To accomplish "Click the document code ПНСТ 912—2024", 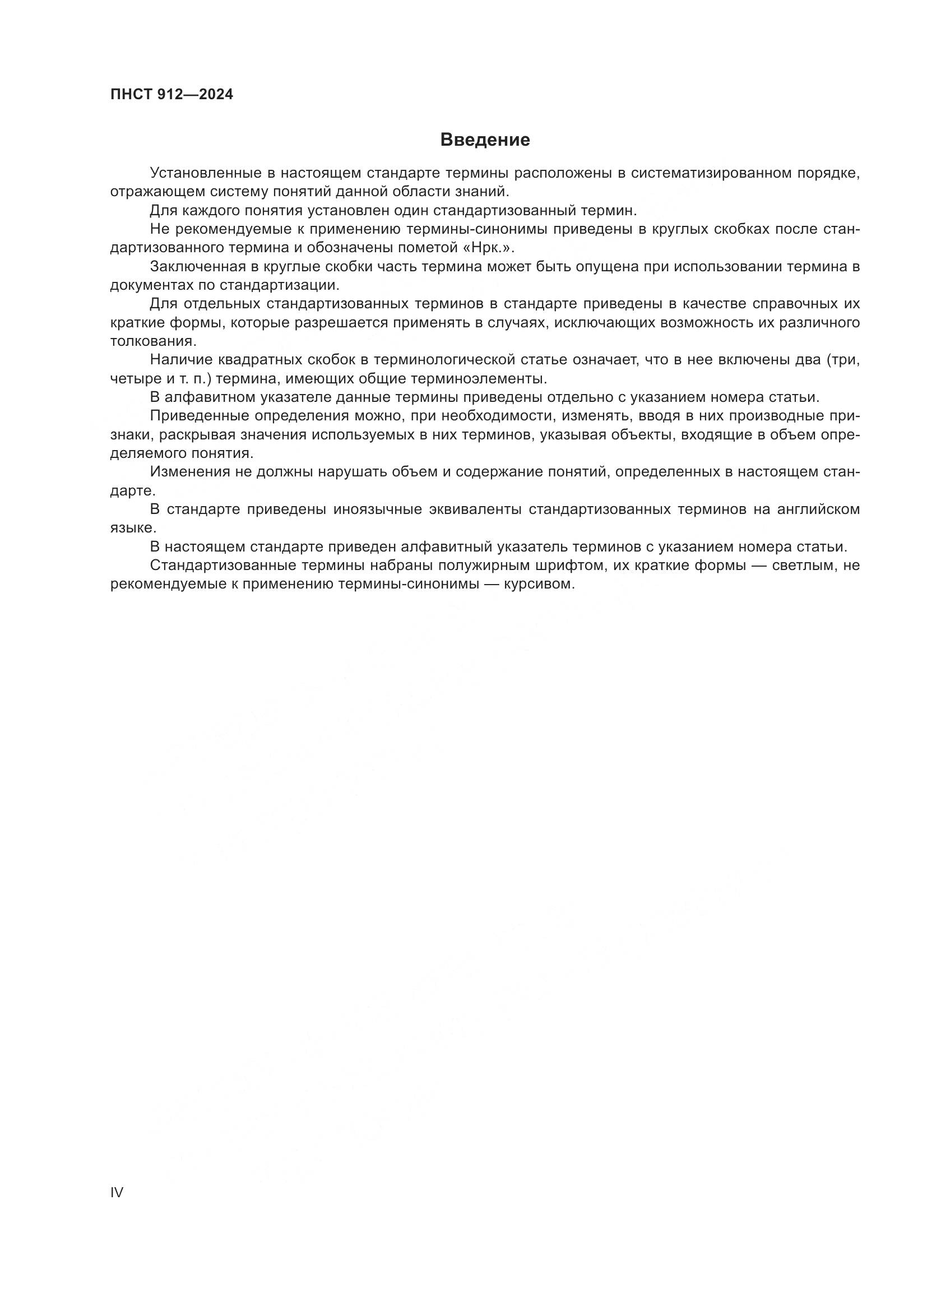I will point(172,95).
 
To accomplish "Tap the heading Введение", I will point(485,140).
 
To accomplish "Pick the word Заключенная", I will point(197,267).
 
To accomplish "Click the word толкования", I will point(153,341).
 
